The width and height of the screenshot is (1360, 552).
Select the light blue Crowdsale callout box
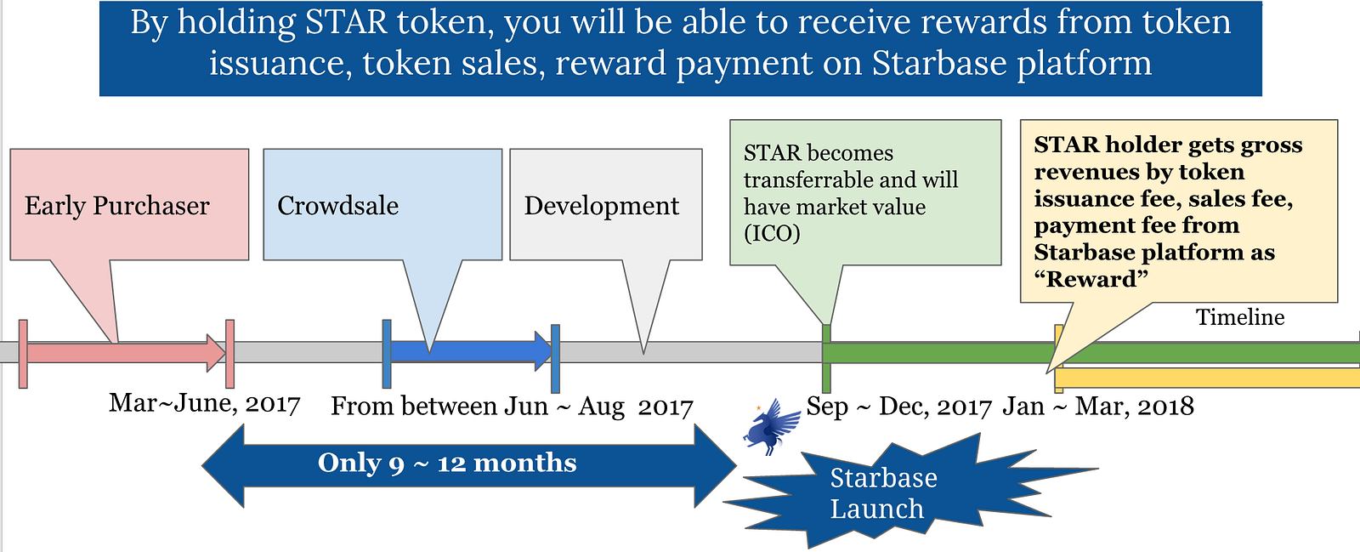click(382, 205)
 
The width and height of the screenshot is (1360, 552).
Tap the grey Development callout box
click(605, 205)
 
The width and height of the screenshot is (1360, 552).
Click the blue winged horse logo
click(772, 426)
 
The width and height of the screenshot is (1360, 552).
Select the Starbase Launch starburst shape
click(884, 492)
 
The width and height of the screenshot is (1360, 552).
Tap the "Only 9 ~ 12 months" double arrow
click(468, 464)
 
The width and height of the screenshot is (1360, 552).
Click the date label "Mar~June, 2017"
click(204, 403)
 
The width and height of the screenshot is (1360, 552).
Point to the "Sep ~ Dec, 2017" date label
click(898, 407)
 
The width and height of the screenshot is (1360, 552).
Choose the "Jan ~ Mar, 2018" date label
click(1098, 407)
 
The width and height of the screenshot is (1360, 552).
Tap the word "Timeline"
click(1239, 317)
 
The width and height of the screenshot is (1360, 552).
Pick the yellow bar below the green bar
click(1207, 378)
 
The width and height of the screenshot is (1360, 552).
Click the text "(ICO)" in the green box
click(772, 233)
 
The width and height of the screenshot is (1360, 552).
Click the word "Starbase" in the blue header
click(939, 64)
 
